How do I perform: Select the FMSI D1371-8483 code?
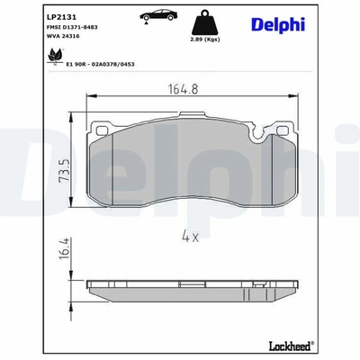(x=72, y=27)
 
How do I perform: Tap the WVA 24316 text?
(x=60, y=36)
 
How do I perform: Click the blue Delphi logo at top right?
(x=278, y=24)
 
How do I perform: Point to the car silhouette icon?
(x=157, y=15)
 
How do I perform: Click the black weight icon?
(x=205, y=22)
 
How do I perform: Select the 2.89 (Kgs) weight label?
(x=205, y=40)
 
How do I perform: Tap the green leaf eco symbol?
(x=55, y=56)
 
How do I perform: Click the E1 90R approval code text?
(x=100, y=64)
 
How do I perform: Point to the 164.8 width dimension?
(x=184, y=89)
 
